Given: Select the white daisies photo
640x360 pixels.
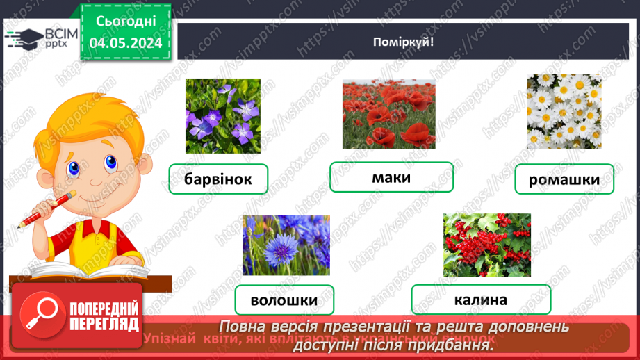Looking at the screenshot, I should (x=564, y=111).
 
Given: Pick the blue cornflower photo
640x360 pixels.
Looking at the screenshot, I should (x=286, y=245).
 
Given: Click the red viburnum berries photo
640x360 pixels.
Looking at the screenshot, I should (x=486, y=245).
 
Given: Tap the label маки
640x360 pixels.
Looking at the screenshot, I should (x=391, y=177).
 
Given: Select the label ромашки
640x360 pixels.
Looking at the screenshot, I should (x=564, y=180).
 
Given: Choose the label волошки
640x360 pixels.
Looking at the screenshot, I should (x=284, y=301).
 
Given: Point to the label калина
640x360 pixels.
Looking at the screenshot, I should (x=480, y=300).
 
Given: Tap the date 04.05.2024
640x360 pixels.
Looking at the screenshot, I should (x=126, y=43).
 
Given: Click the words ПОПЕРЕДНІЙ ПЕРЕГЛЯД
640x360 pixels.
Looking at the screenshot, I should (x=104, y=316).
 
